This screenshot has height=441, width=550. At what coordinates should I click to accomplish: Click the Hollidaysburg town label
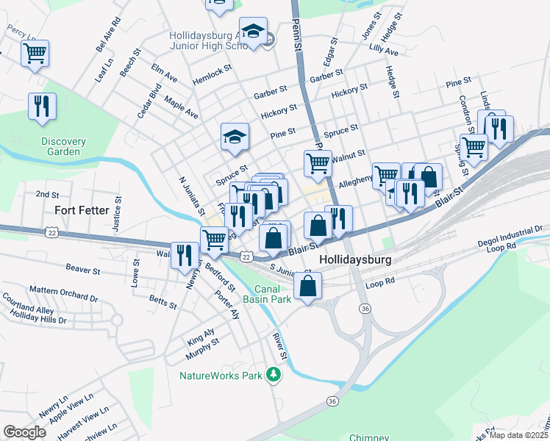point(356,260)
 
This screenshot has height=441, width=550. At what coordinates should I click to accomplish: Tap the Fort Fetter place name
point(82,210)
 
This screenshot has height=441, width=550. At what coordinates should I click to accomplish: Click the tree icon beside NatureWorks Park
point(274,376)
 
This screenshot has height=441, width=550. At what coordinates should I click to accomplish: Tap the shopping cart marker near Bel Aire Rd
point(35,54)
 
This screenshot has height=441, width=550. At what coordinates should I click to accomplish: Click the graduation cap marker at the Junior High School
point(253,32)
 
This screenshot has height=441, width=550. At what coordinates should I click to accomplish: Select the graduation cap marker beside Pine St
point(235,137)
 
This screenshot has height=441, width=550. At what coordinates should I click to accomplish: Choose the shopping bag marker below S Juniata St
point(308,287)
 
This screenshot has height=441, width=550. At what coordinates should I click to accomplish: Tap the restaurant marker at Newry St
point(184,256)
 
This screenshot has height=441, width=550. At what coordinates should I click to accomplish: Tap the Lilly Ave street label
point(384,51)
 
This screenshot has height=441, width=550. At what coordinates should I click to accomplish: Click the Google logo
point(24,431)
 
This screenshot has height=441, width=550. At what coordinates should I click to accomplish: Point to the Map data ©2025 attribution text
point(520,435)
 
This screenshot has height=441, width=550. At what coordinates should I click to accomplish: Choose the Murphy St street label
point(202,347)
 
